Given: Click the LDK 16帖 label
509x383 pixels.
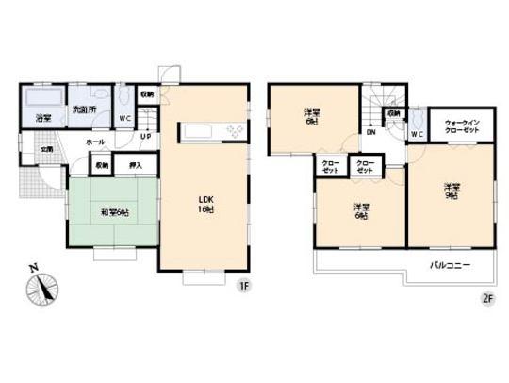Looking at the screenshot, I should [205, 203].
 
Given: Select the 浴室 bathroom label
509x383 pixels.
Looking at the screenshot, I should [44, 118].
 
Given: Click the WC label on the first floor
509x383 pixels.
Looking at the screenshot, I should [124, 118].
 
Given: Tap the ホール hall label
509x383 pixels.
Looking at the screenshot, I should [95, 142].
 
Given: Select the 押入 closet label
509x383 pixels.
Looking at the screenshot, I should [135, 165].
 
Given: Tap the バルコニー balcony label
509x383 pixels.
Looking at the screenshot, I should [449, 266].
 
